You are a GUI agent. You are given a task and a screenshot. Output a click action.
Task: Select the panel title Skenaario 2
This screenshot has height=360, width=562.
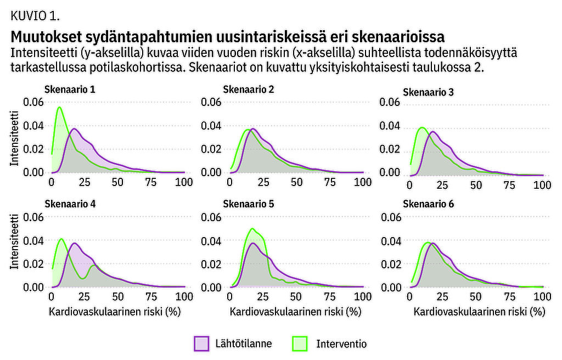tap(249, 90)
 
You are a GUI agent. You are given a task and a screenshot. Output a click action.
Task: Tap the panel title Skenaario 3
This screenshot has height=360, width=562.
tap(429, 92)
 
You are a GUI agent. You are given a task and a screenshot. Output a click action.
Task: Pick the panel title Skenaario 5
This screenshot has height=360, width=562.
tap(249, 204)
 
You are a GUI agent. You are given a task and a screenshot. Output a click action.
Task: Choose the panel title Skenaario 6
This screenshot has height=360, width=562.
tap(429, 204)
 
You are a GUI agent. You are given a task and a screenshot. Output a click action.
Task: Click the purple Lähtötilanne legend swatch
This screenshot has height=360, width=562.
tap(201, 344)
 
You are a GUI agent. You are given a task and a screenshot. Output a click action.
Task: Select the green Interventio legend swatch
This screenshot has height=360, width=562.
tap(301, 344)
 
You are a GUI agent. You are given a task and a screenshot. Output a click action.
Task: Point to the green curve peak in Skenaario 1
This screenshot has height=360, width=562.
tap(58, 108)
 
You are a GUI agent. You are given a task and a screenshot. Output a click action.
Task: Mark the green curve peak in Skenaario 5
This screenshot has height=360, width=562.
tap(252, 228)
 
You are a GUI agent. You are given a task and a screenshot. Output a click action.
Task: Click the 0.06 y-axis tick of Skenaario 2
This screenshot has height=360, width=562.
tap(211, 102)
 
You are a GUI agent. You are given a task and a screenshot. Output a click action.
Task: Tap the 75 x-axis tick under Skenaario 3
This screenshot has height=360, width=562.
tap(510, 185)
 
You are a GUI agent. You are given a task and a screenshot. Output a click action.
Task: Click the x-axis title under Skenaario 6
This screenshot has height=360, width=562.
tap(479, 312)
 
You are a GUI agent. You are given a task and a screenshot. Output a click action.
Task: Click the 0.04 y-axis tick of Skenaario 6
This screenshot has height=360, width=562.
tap(391, 240)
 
